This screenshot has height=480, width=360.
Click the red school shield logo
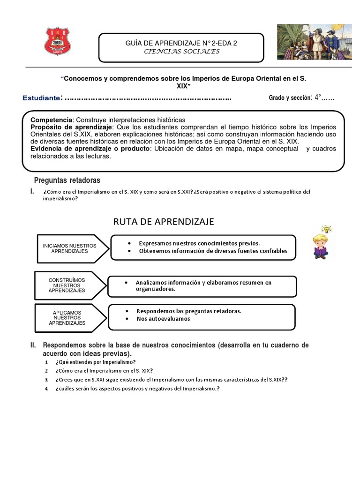[57, 41]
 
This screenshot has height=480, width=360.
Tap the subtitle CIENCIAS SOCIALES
[181, 52]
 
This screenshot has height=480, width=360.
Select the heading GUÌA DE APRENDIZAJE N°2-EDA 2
[181, 43]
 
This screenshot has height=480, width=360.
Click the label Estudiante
[41, 98]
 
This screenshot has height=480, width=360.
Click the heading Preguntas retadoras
[67, 180]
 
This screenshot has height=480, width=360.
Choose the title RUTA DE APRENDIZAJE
[164, 221]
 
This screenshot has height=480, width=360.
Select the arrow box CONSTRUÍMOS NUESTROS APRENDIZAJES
[67, 285]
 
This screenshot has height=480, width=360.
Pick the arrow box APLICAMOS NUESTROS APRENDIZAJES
[67, 317]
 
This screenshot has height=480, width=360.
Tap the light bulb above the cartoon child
[326, 229]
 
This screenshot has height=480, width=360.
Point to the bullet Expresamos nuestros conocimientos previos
[199, 243]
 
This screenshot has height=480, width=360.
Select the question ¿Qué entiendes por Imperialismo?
[96, 362]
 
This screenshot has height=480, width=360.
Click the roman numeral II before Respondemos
[33, 345]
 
